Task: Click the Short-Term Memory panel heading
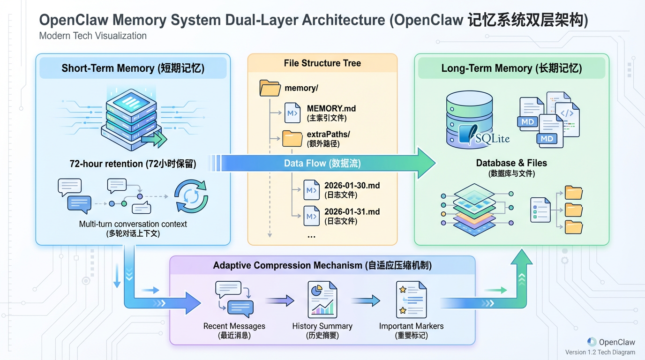coord(133,68)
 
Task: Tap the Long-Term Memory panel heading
coord(511,68)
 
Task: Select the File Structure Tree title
coord(322,63)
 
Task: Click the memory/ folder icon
coord(270,88)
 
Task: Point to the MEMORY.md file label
coord(331,109)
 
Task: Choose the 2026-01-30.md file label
coord(352,186)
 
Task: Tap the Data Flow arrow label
coord(322,164)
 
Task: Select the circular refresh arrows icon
coord(191,196)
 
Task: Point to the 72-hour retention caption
coord(133,164)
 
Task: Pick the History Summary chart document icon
coord(322,300)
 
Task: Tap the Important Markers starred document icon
coord(411,300)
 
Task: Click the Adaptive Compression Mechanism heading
coord(322,265)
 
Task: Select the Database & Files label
coord(511,163)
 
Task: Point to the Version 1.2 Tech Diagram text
coord(600,352)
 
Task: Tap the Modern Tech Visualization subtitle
coord(93,36)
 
